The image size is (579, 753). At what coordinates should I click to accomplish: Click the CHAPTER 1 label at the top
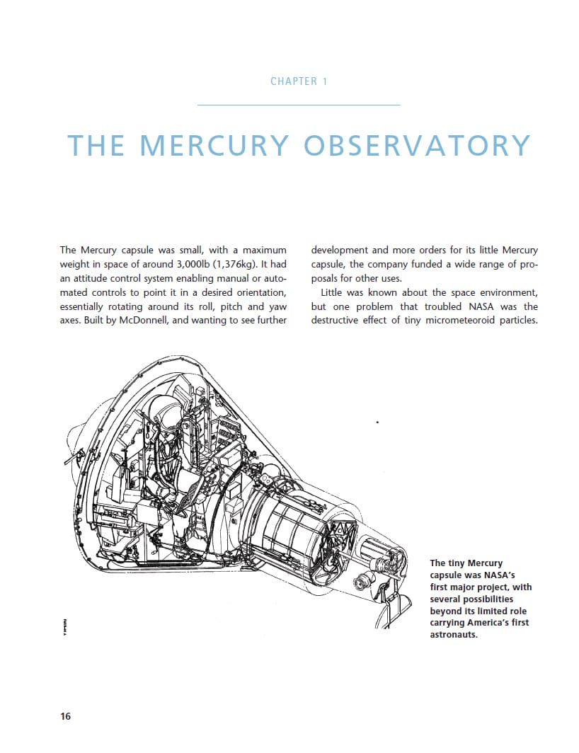coord(299,81)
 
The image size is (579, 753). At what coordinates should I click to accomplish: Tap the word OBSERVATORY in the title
coord(417,145)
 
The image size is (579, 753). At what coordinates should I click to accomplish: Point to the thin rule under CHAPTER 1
coord(299,105)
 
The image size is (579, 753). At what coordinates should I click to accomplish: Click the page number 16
coord(65,716)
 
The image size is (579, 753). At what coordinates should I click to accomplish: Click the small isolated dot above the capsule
coord(377,423)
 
